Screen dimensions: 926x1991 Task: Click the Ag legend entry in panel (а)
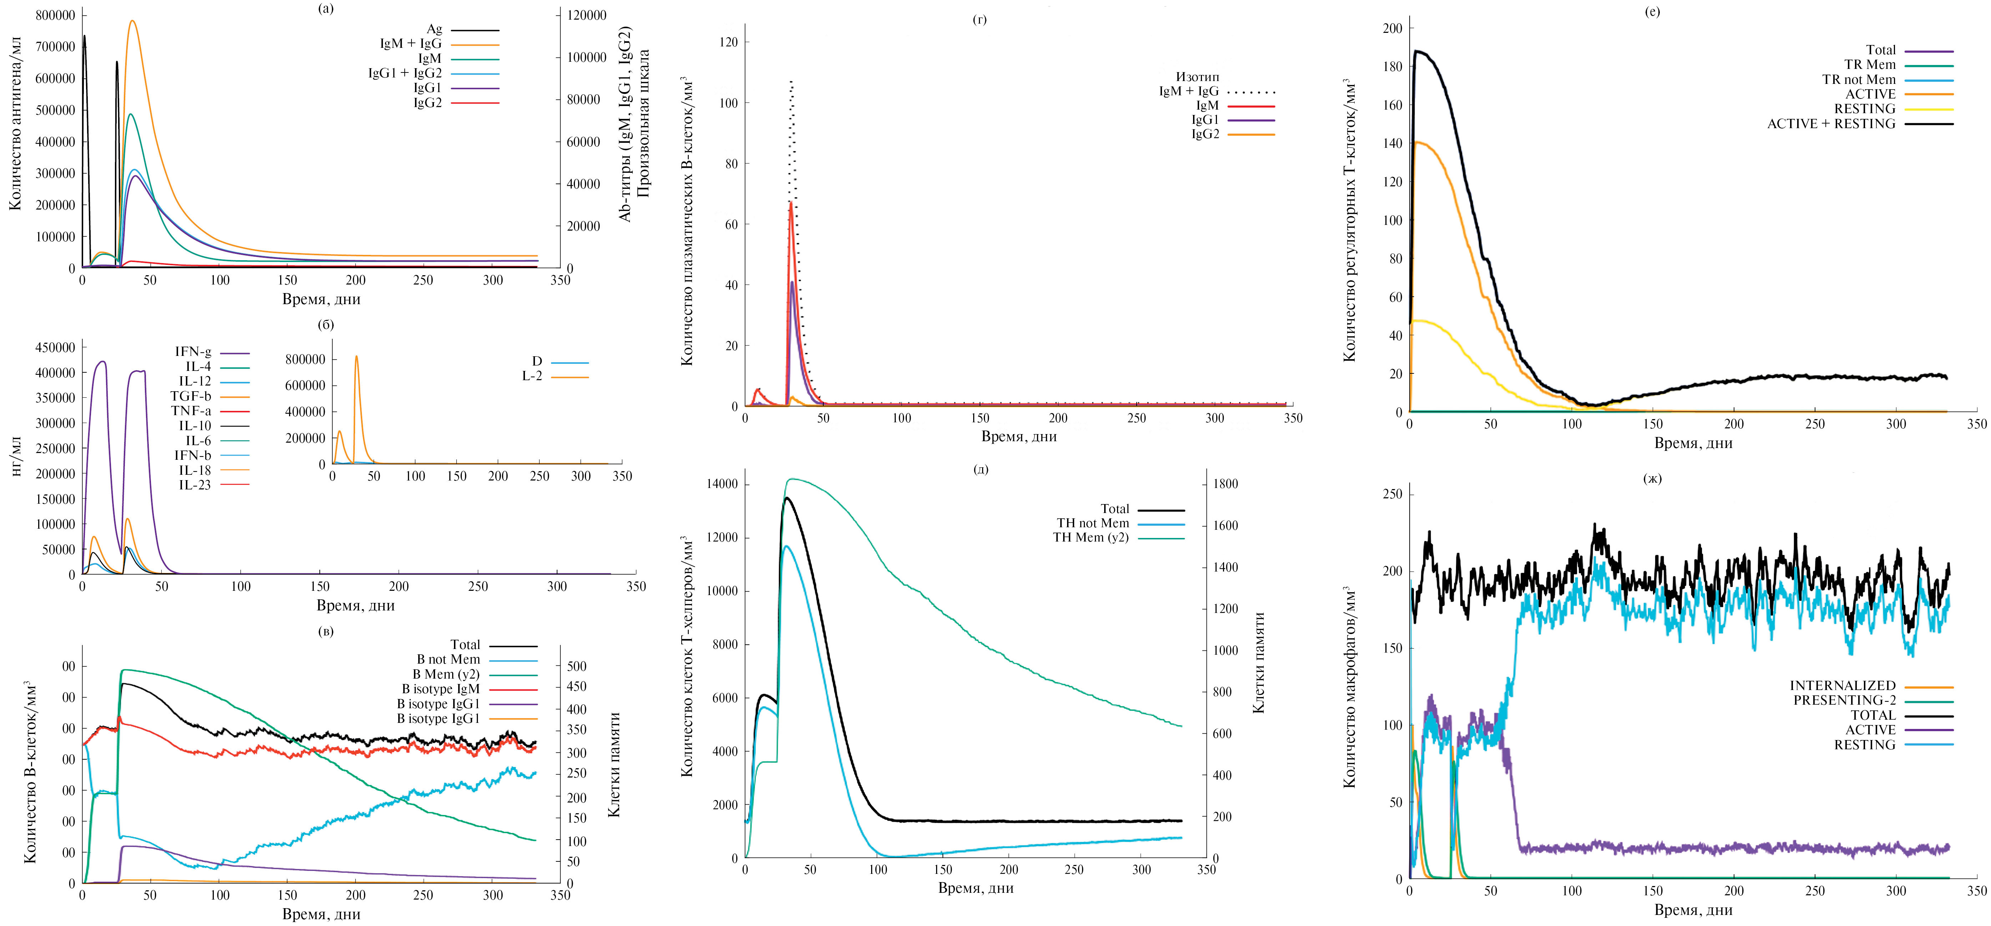click(434, 29)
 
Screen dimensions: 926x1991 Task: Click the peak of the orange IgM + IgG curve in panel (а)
click(132, 21)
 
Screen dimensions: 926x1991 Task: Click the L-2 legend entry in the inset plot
click(532, 376)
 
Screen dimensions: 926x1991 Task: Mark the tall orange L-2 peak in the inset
click(356, 356)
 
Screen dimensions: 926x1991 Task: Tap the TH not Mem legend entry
click(1093, 523)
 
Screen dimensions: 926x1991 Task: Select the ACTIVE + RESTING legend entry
click(1831, 124)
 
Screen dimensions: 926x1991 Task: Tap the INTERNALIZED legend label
click(1843, 686)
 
